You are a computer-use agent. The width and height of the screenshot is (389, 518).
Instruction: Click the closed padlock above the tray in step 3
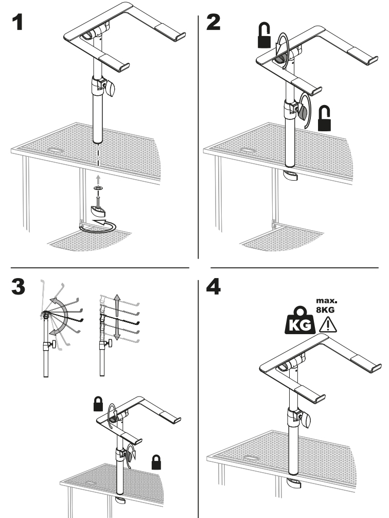pyautogui.click(x=97, y=404)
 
